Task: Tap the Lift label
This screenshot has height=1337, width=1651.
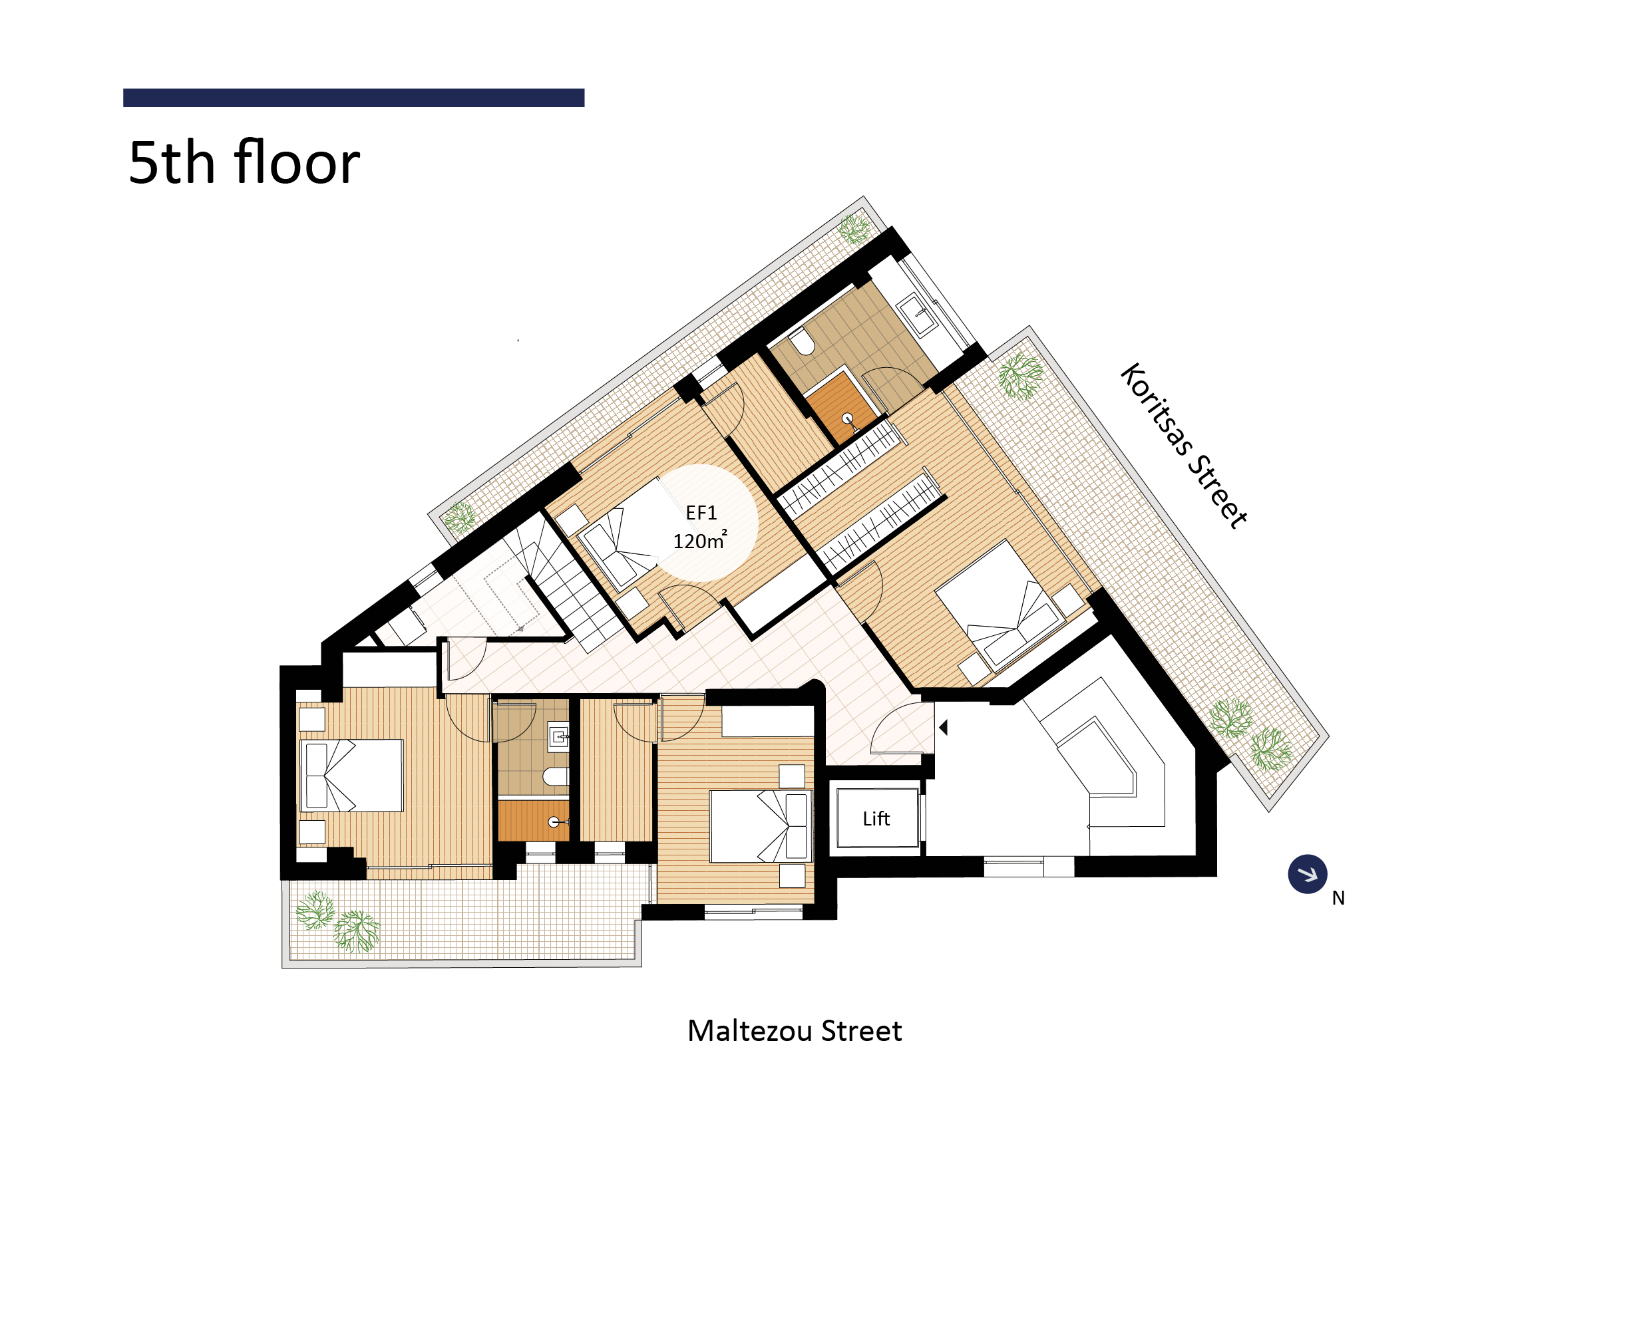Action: (876, 819)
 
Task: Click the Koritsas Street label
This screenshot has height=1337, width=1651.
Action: (1183, 445)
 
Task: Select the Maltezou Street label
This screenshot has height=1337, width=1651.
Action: (795, 1030)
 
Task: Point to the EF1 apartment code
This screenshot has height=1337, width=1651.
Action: (701, 513)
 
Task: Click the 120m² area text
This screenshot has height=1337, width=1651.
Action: (699, 540)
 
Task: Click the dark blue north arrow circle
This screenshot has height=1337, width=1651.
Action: (1308, 874)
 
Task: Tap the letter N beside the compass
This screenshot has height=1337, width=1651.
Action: (1338, 898)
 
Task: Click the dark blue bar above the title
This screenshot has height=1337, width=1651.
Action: (353, 98)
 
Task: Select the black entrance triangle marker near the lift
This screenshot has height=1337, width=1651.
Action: (943, 727)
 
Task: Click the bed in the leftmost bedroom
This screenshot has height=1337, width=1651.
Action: (351, 776)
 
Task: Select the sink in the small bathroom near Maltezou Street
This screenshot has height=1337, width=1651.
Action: (558, 736)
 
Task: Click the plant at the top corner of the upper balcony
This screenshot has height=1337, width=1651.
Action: (854, 229)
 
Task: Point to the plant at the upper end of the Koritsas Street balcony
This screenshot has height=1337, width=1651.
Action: (1021, 376)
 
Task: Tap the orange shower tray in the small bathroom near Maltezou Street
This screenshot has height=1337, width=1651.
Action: (533, 821)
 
